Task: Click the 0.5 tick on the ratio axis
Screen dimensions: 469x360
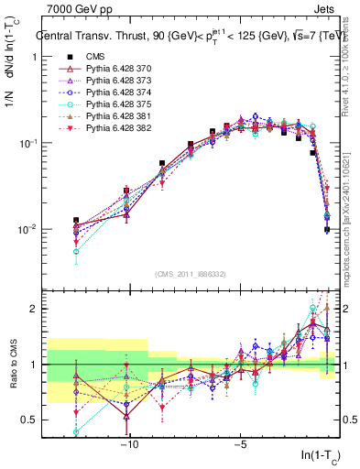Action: (29, 420)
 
